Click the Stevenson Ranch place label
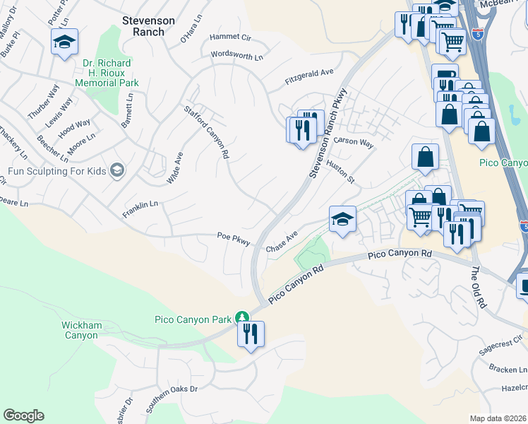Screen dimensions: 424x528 148,26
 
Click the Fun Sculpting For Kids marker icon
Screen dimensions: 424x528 117,170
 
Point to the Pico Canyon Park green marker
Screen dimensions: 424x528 242,317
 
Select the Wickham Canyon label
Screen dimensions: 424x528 79,330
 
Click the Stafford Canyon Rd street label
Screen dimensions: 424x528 208,132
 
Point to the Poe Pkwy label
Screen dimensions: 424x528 234,239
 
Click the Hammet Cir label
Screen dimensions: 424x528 230,37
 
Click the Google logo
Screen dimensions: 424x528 23,416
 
